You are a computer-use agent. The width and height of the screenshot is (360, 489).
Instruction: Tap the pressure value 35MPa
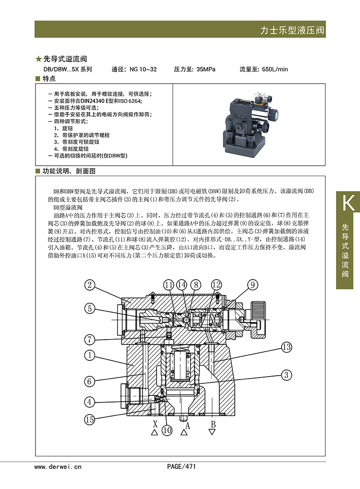206,69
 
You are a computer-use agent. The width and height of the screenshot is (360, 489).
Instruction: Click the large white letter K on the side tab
348,203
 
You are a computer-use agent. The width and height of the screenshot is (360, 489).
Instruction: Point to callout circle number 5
90,309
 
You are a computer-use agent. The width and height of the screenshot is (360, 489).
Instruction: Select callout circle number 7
90,339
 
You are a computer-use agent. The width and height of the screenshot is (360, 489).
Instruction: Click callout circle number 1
90,355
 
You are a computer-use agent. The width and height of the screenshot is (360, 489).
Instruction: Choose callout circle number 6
90,381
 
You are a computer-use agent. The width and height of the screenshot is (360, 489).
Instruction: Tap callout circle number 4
90,402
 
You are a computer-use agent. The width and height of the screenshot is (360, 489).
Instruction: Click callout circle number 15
90,419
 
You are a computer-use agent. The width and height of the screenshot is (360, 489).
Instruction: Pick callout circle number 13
287,346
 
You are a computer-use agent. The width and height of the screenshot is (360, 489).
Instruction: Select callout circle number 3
287,374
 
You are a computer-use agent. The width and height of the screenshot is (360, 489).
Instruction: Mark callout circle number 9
253,285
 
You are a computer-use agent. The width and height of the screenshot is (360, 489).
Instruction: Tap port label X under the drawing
155,424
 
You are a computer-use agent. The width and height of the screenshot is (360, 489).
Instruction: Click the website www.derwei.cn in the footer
58,466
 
